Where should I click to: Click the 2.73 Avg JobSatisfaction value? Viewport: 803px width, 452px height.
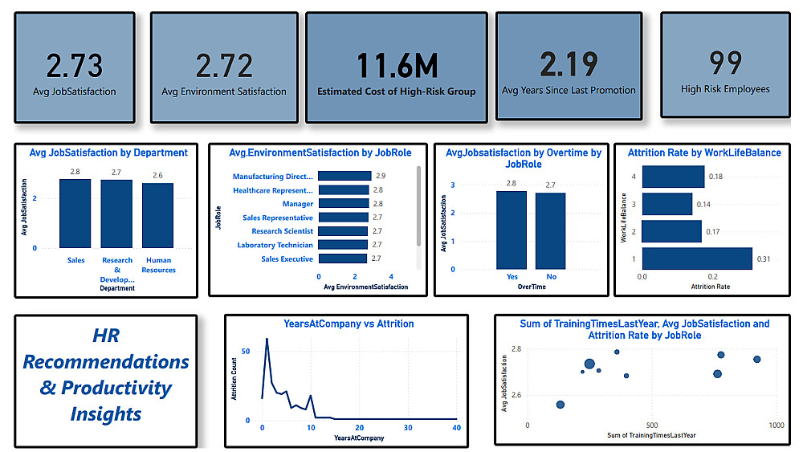click(x=75, y=64)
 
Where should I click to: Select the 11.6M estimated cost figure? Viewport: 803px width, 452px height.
click(x=396, y=63)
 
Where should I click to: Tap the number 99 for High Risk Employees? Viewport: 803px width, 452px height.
click(x=725, y=63)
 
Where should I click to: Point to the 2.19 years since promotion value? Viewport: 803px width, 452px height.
click(x=569, y=64)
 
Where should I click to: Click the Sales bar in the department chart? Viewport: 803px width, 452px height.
click(x=75, y=213)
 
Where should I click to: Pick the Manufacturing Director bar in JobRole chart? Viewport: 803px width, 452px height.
click(x=344, y=176)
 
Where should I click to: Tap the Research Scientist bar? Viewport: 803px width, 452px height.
click(x=343, y=231)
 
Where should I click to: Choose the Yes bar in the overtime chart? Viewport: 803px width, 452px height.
click(x=511, y=230)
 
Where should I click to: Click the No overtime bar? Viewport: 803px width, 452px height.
click(x=551, y=231)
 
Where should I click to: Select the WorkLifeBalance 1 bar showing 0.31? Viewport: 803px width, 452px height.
click(x=696, y=258)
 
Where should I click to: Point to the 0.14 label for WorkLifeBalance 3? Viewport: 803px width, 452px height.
click(x=703, y=205)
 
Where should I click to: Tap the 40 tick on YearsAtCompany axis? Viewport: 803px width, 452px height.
click(x=456, y=428)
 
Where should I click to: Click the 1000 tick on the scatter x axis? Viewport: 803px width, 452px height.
click(x=777, y=425)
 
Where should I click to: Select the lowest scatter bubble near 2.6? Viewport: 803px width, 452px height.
click(x=560, y=405)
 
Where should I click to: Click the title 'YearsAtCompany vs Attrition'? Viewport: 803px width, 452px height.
click(x=349, y=324)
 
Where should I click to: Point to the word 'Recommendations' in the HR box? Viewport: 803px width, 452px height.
click(x=106, y=361)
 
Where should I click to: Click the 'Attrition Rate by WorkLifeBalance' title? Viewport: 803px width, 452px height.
click(x=704, y=153)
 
